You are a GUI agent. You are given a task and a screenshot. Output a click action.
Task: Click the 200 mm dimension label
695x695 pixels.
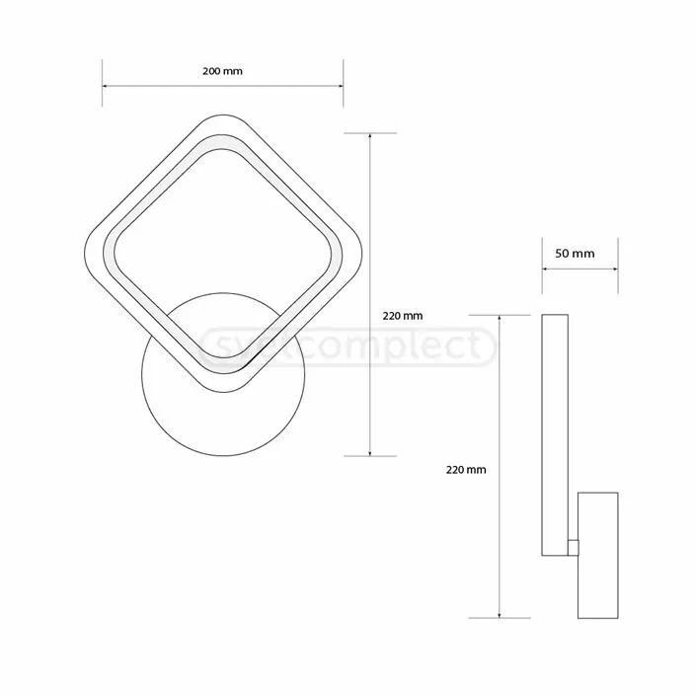pyautogui.click(x=222, y=71)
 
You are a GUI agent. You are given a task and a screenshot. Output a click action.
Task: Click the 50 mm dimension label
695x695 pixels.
pyautogui.click(x=576, y=253)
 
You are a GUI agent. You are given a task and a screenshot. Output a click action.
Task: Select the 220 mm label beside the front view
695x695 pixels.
pyautogui.click(x=402, y=316)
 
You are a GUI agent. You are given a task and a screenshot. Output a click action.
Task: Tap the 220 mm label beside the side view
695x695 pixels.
pyautogui.click(x=466, y=470)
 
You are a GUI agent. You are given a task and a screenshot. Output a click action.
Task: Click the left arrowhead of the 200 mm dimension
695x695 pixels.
pyautogui.click(x=106, y=86)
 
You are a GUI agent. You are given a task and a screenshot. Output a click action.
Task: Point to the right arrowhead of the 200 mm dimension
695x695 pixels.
pyautogui.click(x=340, y=86)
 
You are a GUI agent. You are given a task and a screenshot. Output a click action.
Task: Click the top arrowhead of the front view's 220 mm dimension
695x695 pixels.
pyautogui.click(x=370, y=136)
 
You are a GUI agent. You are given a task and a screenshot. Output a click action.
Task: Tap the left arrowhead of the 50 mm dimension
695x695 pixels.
pyautogui.click(x=545, y=268)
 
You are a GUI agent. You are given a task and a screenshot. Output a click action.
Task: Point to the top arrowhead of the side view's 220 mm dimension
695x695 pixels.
pyautogui.click(x=502, y=319)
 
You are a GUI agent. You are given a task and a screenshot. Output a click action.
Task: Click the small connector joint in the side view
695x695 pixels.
pyautogui.click(x=574, y=545)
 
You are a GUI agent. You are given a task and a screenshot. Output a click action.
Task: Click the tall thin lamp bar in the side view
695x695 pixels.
pyautogui.click(x=555, y=434)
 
